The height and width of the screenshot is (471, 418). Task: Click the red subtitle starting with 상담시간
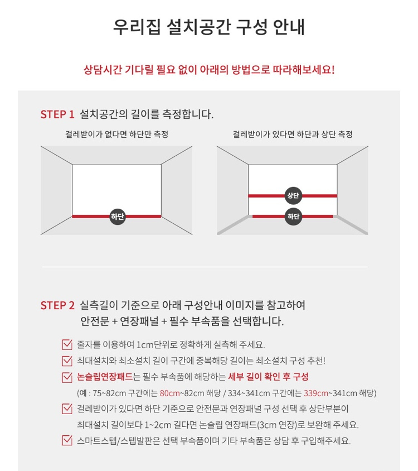(209, 70)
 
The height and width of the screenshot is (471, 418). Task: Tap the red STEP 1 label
(57, 114)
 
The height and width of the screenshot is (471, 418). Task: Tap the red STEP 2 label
(57, 305)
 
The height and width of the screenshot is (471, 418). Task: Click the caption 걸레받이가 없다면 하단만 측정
(116, 134)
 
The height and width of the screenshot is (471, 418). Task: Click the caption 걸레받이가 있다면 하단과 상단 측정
(293, 134)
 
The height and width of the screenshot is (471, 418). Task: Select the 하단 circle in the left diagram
(118, 216)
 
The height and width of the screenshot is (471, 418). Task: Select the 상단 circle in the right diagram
(293, 195)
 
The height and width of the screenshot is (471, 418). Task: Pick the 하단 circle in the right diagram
(293, 216)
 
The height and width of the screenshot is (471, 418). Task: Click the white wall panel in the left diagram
(116, 187)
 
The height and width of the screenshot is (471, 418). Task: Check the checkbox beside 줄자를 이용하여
(67, 344)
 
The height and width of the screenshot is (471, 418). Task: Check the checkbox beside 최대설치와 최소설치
(67, 361)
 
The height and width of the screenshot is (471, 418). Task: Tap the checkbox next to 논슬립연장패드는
(67, 377)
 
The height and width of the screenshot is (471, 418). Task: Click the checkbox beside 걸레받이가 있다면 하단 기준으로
(67, 408)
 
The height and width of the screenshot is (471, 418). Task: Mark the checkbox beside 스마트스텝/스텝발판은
(67, 440)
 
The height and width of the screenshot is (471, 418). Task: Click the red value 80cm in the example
(169, 393)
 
